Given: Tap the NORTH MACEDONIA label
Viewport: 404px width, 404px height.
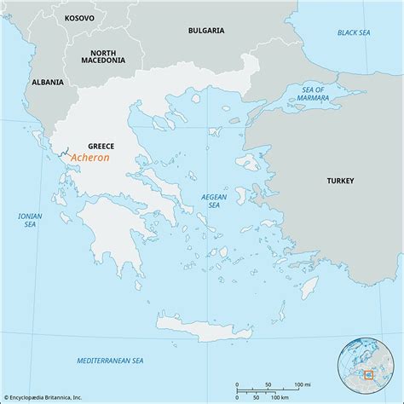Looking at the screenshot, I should tap(104, 55).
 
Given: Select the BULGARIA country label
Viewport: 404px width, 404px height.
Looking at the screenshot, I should tap(206, 30).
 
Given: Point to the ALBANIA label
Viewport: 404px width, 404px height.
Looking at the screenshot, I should tap(46, 82).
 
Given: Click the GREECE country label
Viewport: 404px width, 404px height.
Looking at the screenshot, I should tap(101, 146).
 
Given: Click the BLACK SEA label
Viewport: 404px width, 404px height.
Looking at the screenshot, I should tap(353, 32).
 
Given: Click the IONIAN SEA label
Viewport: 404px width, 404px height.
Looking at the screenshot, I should tap(30, 222).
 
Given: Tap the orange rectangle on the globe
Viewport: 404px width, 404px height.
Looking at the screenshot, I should tap(368, 373).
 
